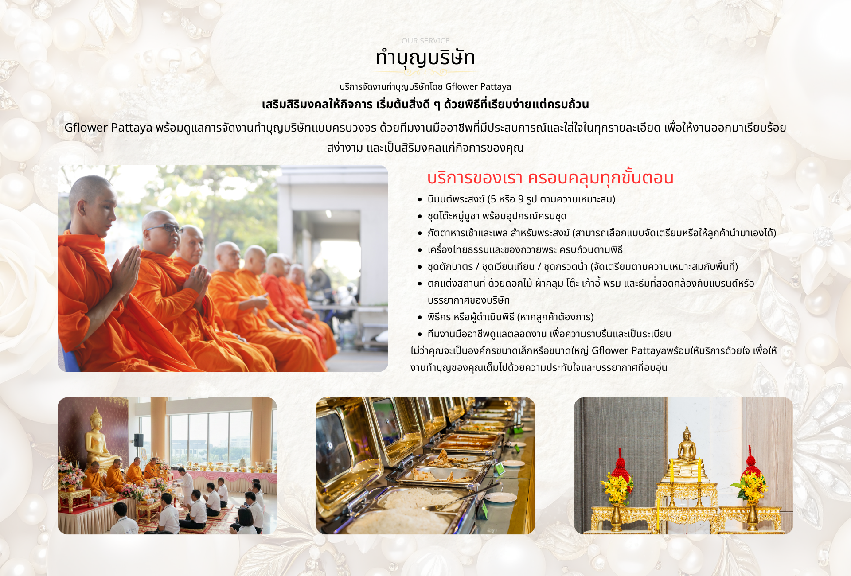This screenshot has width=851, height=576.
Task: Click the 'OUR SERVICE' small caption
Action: [x=425, y=41]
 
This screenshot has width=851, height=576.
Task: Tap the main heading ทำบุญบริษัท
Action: [x=425, y=58]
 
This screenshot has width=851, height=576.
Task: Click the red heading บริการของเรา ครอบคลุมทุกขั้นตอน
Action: [x=550, y=178]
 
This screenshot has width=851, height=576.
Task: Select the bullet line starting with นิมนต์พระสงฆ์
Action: [x=521, y=199]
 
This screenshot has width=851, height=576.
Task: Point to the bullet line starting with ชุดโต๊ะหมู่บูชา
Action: [x=497, y=216]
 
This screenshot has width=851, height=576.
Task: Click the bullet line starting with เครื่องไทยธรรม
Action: [x=525, y=250]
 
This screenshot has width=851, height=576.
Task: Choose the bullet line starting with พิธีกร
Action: [x=511, y=317]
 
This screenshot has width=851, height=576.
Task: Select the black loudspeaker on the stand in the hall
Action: [x=139, y=440]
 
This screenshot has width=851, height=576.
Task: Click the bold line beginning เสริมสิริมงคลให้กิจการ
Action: [x=425, y=105]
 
